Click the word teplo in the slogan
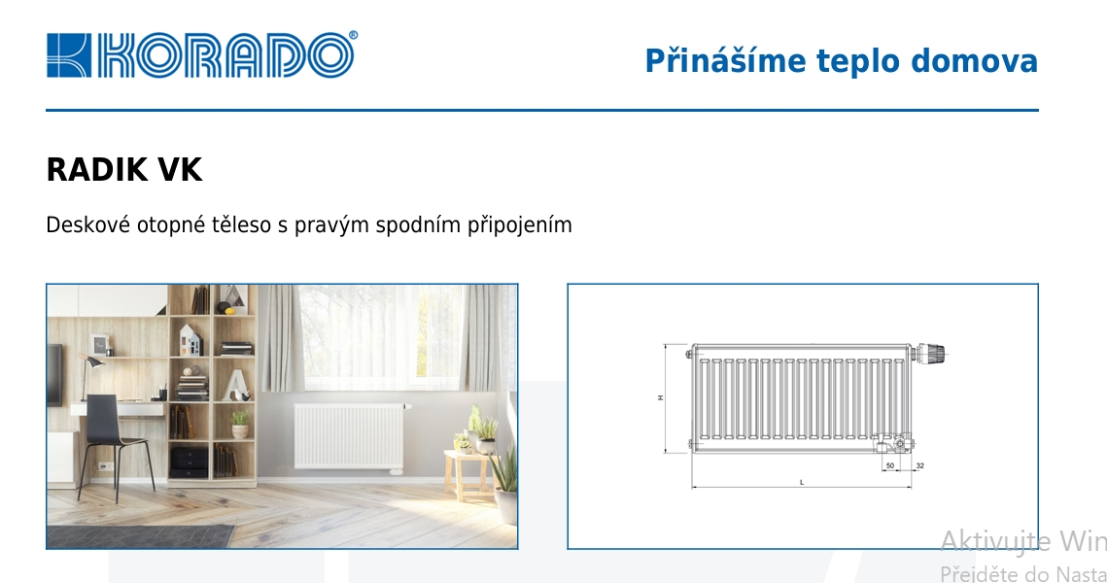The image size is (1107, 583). pos(858,61)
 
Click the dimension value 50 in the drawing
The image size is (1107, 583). pos(889,466)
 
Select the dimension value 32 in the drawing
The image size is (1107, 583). pos(919,466)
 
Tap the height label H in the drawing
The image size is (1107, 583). pos(659,398)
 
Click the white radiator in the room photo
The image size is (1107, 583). pos(347,434)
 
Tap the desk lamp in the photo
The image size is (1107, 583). pos(91,370)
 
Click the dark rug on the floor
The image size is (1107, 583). pos(141,536)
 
